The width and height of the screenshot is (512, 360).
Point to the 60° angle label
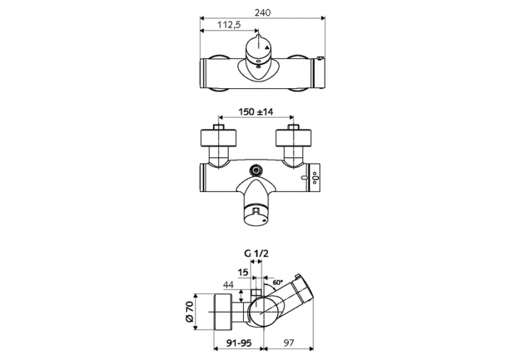pos(277,281)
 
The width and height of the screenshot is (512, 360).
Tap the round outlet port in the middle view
pos(257,169)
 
